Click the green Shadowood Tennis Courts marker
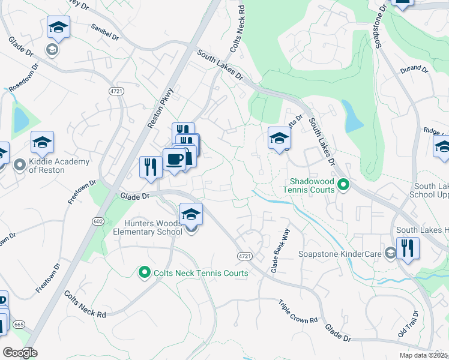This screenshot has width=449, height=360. pos(343,185)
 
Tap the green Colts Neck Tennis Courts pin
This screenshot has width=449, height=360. pos(144,273)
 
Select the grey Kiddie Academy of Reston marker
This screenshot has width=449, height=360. pos(20,164)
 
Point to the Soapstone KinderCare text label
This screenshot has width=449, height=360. pos(340,254)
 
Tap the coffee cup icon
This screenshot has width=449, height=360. pos(175,160)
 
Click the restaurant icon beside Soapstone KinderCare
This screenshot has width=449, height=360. pos(408,248)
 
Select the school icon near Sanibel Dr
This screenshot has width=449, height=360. pos(58,27)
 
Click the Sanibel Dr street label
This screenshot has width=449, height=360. pos(106,29)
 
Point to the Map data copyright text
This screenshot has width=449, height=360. pos(424,355)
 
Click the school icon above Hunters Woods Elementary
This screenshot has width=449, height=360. pos(191,214)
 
